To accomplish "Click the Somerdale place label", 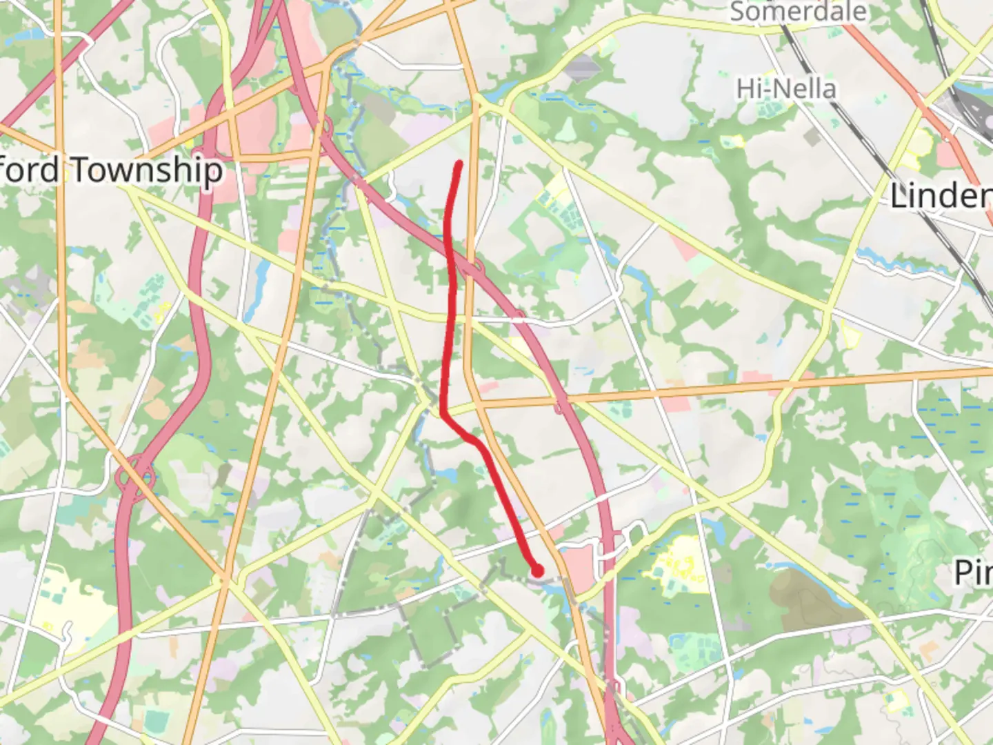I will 798,12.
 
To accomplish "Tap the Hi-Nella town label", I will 786,89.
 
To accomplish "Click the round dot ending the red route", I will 537,570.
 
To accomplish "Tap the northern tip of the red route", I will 459,163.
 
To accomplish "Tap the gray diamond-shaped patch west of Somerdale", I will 583,67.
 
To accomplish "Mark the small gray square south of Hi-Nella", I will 812,137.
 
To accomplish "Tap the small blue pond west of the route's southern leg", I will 449,475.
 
